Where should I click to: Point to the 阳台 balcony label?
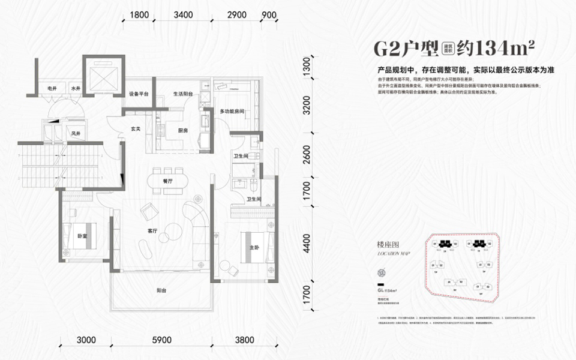point(161,290)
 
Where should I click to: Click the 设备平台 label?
point(139,94)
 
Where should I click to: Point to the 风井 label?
point(76,133)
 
